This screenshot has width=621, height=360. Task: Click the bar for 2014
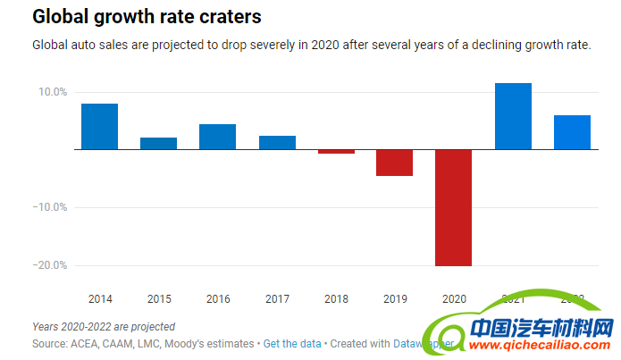99,126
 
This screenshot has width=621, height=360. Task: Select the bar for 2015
158,143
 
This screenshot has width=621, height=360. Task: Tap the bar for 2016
217,137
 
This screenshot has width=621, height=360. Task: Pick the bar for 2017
277,142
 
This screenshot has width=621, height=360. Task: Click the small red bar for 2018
336,151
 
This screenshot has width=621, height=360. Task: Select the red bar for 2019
394,163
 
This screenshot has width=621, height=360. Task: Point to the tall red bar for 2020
453,207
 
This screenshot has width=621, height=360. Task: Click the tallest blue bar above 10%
513,116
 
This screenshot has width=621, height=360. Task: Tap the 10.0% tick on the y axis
52,92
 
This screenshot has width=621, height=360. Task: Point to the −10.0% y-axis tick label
50,207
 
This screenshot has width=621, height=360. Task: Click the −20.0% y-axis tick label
50,265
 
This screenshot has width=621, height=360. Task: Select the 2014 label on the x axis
99,298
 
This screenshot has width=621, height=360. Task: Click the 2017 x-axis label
277,298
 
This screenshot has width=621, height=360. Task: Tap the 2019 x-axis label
394,298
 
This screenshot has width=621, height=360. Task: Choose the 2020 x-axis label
453,298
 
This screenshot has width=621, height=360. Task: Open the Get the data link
291,343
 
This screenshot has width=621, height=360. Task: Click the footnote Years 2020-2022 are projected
104,327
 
